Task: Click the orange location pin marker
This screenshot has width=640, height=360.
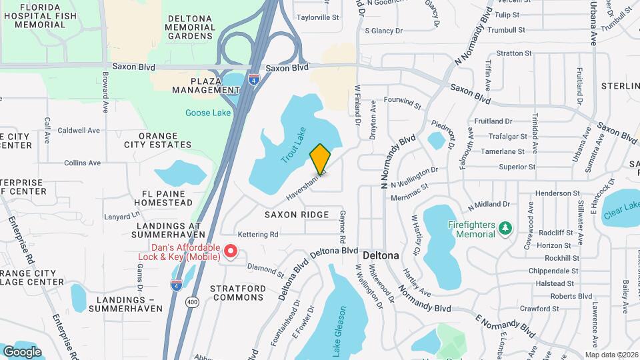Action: (320, 159)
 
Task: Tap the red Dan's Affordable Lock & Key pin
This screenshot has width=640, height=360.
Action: (231, 251)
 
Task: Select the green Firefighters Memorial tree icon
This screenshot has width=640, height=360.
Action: (505, 229)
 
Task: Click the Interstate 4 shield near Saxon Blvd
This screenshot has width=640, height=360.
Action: (253, 79)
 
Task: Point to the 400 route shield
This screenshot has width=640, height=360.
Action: (193, 303)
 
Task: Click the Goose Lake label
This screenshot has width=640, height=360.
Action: (207, 113)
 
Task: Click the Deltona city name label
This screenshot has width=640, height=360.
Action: (381, 255)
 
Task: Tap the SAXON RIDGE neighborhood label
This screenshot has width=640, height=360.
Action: (297, 215)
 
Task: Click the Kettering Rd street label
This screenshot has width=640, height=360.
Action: (258, 234)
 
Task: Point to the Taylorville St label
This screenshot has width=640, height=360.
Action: (318, 17)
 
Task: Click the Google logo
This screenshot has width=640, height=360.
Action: (22, 352)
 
